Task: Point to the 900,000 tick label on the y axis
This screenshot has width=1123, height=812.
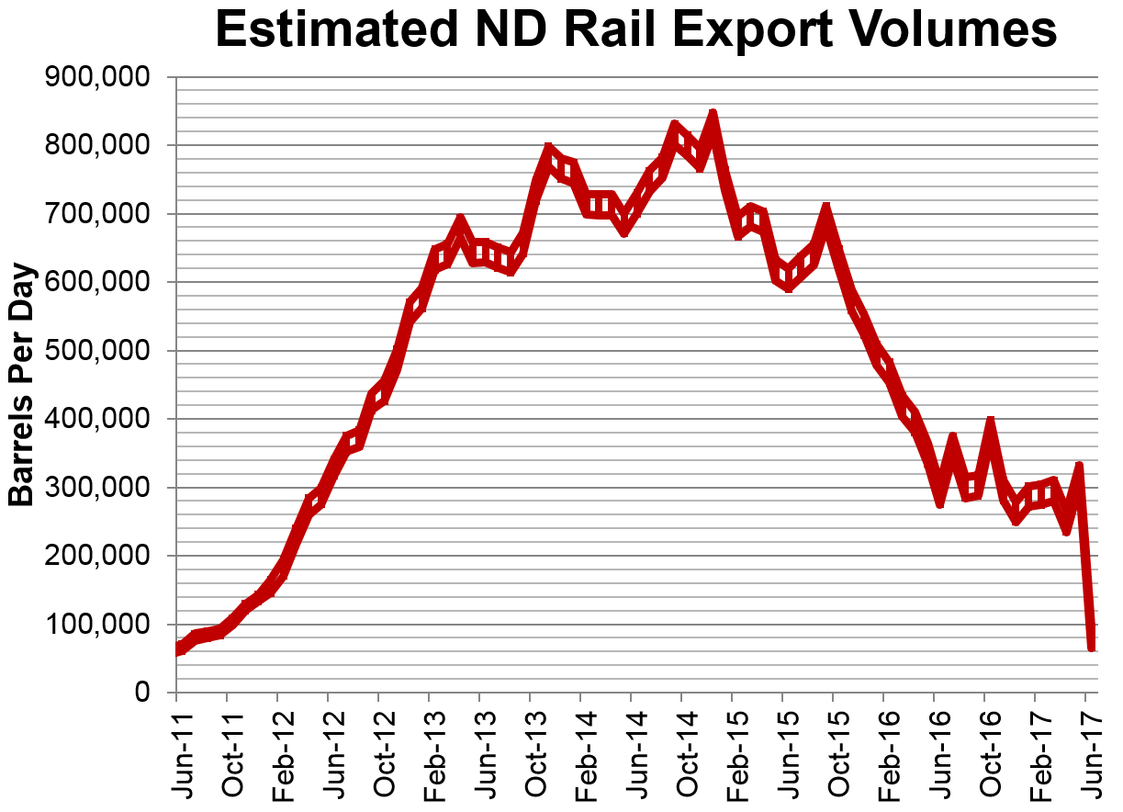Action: click(97, 78)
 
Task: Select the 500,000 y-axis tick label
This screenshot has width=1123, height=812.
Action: click(97, 351)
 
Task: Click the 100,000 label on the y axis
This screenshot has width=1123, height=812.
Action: click(97, 625)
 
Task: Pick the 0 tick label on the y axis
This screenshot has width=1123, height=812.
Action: click(141, 693)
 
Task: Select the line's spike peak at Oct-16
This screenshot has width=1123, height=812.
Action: click(991, 422)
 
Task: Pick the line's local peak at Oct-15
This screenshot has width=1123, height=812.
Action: click(826, 209)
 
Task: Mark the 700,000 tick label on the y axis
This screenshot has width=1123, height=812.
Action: click(97, 214)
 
